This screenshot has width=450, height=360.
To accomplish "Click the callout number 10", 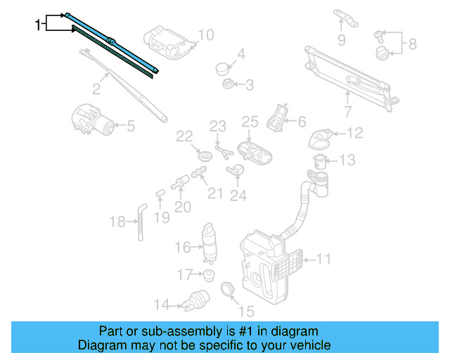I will click(x=205, y=35).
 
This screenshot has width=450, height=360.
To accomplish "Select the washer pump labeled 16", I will click(x=209, y=242).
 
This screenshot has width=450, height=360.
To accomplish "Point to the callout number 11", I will click(x=323, y=259).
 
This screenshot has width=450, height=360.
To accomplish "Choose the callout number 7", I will click(x=347, y=111).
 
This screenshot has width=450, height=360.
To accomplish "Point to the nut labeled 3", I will click(x=229, y=85).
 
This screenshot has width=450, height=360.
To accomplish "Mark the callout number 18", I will click(x=117, y=222).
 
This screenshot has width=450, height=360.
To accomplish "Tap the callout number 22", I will click(x=184, y=136).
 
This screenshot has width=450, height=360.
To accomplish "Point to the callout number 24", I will click(x=239, y=195).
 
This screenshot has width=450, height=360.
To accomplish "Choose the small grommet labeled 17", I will click(x=208, y=274).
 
